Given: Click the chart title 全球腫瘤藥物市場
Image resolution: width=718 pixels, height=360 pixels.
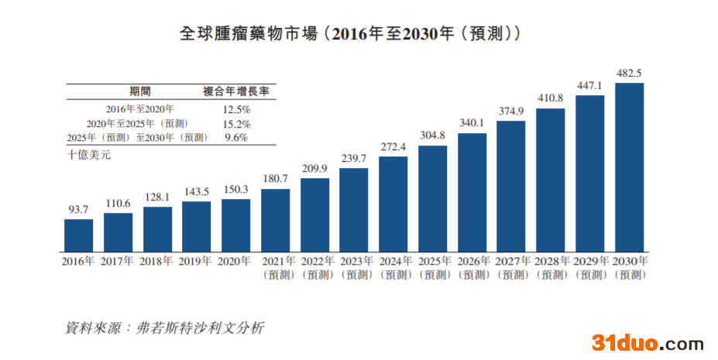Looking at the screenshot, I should pyautogui.click(x=349, y=34).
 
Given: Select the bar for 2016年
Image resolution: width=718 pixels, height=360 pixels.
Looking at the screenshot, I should pyautogui.click(x=78, y=235).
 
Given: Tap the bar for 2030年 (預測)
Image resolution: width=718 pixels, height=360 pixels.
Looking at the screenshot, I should pyautogui.click(x=629, y=166).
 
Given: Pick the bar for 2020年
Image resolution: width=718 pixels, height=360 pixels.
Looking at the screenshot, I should pyautogui.click(x=235, y=225).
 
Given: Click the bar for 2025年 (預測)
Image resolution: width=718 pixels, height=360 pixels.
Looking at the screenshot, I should pyautogui.click(x=432, y=197).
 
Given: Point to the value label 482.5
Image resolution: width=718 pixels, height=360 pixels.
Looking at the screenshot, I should pyautogui.click(x=628, y=74).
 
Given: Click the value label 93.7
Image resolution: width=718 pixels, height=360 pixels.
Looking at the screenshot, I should pyautogui.click(x=78, y=210).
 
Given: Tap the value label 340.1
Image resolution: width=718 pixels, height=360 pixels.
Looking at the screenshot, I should pyautogui.click(x=472, y=123).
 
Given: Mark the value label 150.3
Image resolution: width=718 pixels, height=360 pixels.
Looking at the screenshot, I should pyautogui.click(x=235, y=190).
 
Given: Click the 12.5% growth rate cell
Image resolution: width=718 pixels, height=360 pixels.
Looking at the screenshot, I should pyautogui.click(x=236, y=110).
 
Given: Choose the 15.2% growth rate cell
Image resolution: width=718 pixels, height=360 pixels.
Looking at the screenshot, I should pyautogui.click(x=236, y=124).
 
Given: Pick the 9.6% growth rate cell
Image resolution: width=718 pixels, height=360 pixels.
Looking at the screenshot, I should pyautogui.click(x=235, y=138).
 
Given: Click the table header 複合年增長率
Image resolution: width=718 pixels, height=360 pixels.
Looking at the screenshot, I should pyautogui.click(x=236, y=91).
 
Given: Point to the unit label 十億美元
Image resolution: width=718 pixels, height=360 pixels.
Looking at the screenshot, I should pyautogui.click(x=89, y=156).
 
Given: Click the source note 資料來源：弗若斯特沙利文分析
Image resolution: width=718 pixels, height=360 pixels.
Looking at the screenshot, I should pyautogui.click(x=164, y=327).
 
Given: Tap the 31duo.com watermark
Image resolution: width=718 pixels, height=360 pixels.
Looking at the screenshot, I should pyautogui.click(x=648, y=343).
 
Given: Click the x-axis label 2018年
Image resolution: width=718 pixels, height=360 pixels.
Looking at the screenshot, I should pyautogui.click(x=157, y=262).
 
